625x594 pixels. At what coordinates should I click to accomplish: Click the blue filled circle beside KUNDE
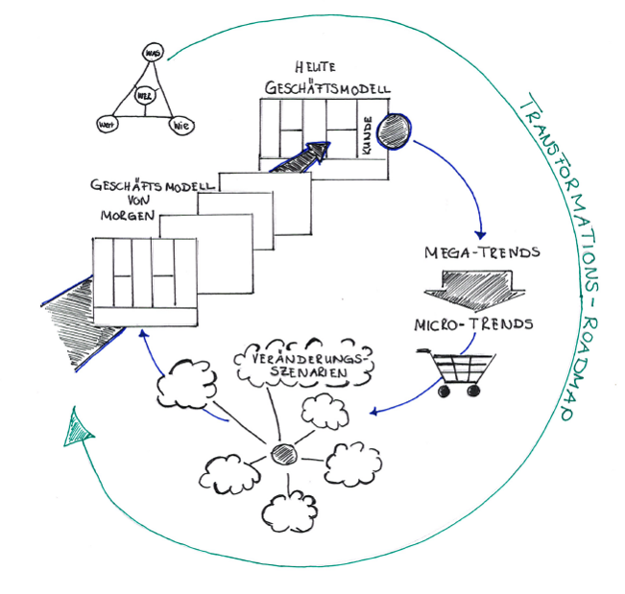point(394,129)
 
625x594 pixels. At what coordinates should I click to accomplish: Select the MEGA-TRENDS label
point(483,253)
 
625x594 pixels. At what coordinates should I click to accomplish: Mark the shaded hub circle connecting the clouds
point(281,452)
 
